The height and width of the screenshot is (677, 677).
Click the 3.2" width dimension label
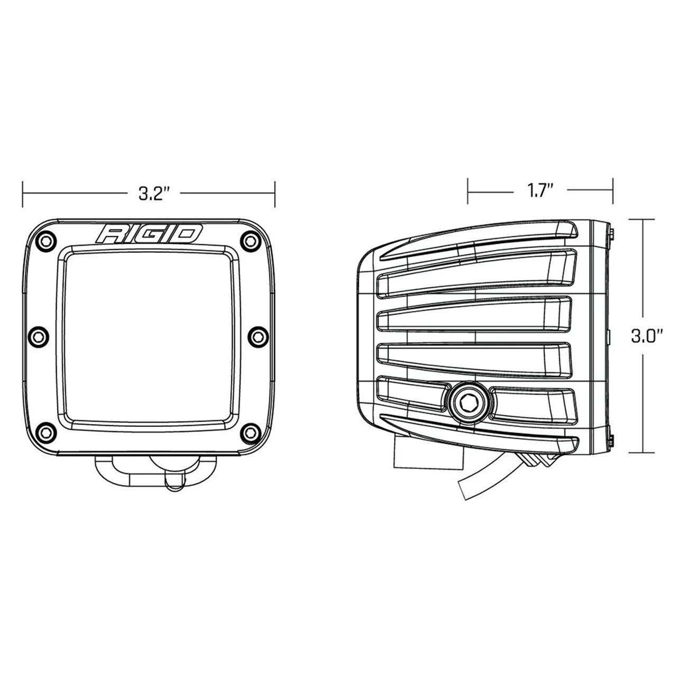tap(153, 194)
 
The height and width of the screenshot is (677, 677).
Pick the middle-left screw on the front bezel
tap(38, 335)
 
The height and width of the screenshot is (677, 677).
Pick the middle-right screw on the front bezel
tap(256, 335)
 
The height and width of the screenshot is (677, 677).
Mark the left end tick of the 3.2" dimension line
tap(23, 194)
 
